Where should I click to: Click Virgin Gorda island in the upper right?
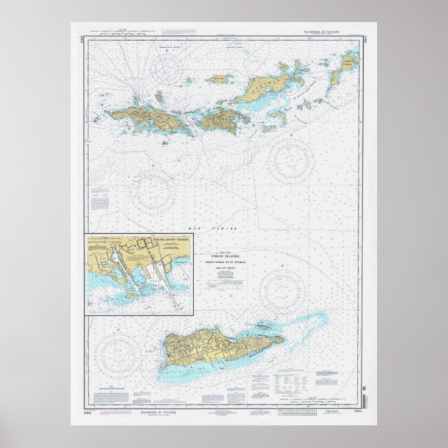click(x=348, y=63)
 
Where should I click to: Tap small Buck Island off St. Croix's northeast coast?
click(x=262, y=325)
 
